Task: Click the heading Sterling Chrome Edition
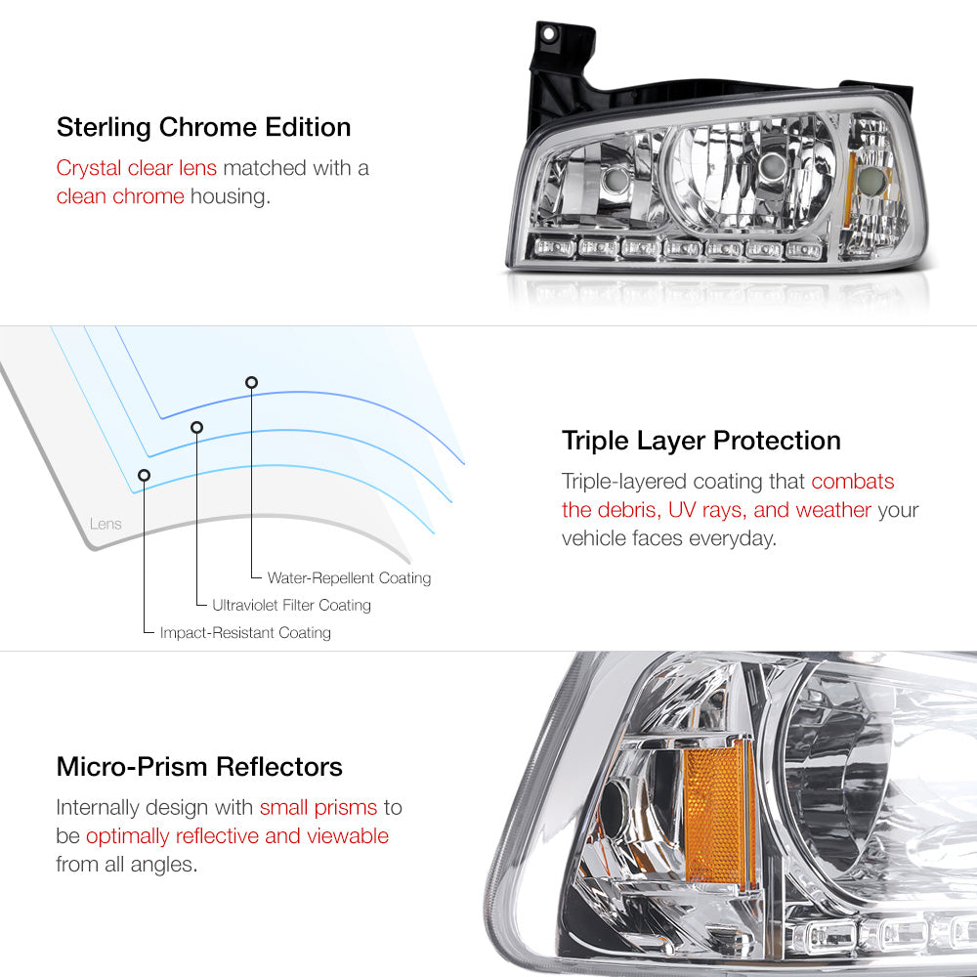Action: (204, 127)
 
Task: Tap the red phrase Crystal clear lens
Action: (137, 168)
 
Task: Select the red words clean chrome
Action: (120, 196)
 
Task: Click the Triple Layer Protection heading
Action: (701, 442)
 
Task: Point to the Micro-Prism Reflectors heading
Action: (199, 766)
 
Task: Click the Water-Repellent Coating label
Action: (349, 577)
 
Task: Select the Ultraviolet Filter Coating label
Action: (291, 605)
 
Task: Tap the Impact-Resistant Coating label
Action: (245, 632)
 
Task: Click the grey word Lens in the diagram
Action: (106, 524)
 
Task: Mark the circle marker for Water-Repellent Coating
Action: (251, 383)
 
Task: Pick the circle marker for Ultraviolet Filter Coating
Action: (197, 428)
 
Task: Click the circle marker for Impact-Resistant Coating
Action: (144, 476)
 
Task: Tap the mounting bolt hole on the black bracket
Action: (549, 33)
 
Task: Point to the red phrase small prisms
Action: (319, 808)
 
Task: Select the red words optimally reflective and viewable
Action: (237, 835)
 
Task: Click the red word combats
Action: (852, 482)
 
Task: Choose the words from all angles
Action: (126, 865)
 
